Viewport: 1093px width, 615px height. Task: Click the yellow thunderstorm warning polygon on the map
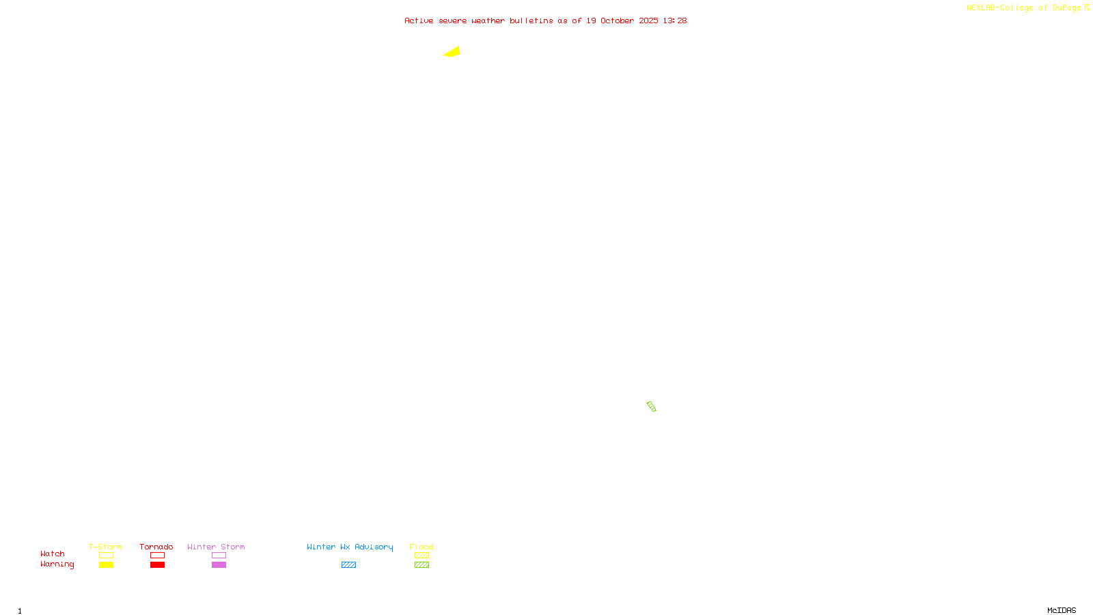(x=453, y=52)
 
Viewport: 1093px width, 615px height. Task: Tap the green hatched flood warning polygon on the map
(x=651, y=407)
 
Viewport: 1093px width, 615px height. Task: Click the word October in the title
(x=617, y=20)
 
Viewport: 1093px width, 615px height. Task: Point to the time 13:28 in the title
(x=674, y=20)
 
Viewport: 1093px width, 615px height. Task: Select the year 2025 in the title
(x=648, y=20)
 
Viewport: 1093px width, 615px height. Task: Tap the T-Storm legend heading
(x=105, y=547)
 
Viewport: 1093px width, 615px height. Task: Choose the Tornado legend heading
(x=156, y=547)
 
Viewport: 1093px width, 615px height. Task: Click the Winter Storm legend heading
(x=216, y=547)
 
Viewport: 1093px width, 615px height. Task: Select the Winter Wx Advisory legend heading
(x=350, y=547)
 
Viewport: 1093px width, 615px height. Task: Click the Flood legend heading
(x=421, y=547)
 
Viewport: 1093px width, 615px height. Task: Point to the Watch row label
(x=53, y=553)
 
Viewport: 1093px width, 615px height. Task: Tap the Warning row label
(x=57, y=564)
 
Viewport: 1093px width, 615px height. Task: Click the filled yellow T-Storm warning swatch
(x=106, y=565)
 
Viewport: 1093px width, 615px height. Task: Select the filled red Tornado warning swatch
(x=157, y=565)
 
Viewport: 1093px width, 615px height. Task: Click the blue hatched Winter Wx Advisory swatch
(x=348, y=565)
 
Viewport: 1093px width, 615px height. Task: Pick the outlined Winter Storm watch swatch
(x=219, y=556)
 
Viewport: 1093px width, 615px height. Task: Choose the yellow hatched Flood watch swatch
(x=421, y=556)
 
